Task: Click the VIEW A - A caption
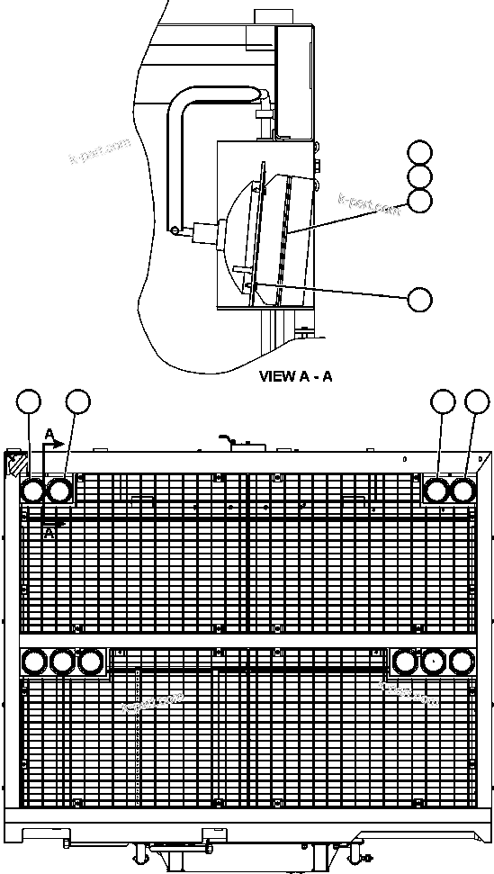(x=295, y=376)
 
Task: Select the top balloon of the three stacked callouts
(x=419, y=152)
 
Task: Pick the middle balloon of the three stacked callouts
(x=419, y=176)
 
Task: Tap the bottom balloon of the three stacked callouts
(x=419, y=201)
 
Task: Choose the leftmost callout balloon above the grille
(x=31, y=402)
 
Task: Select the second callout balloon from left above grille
(x=78, y=402)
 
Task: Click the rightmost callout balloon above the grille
(x=477, y=402)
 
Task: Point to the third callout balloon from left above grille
(x=442, y=402)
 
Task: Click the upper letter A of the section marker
(x=49, y=435)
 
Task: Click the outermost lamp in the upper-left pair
(x=32, y=491)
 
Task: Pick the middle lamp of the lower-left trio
(x=61, y=662)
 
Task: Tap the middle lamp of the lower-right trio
(x=433, y=662)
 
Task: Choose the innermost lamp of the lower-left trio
(x=90, y=662)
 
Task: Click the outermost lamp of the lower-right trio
(x=461, y=662)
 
